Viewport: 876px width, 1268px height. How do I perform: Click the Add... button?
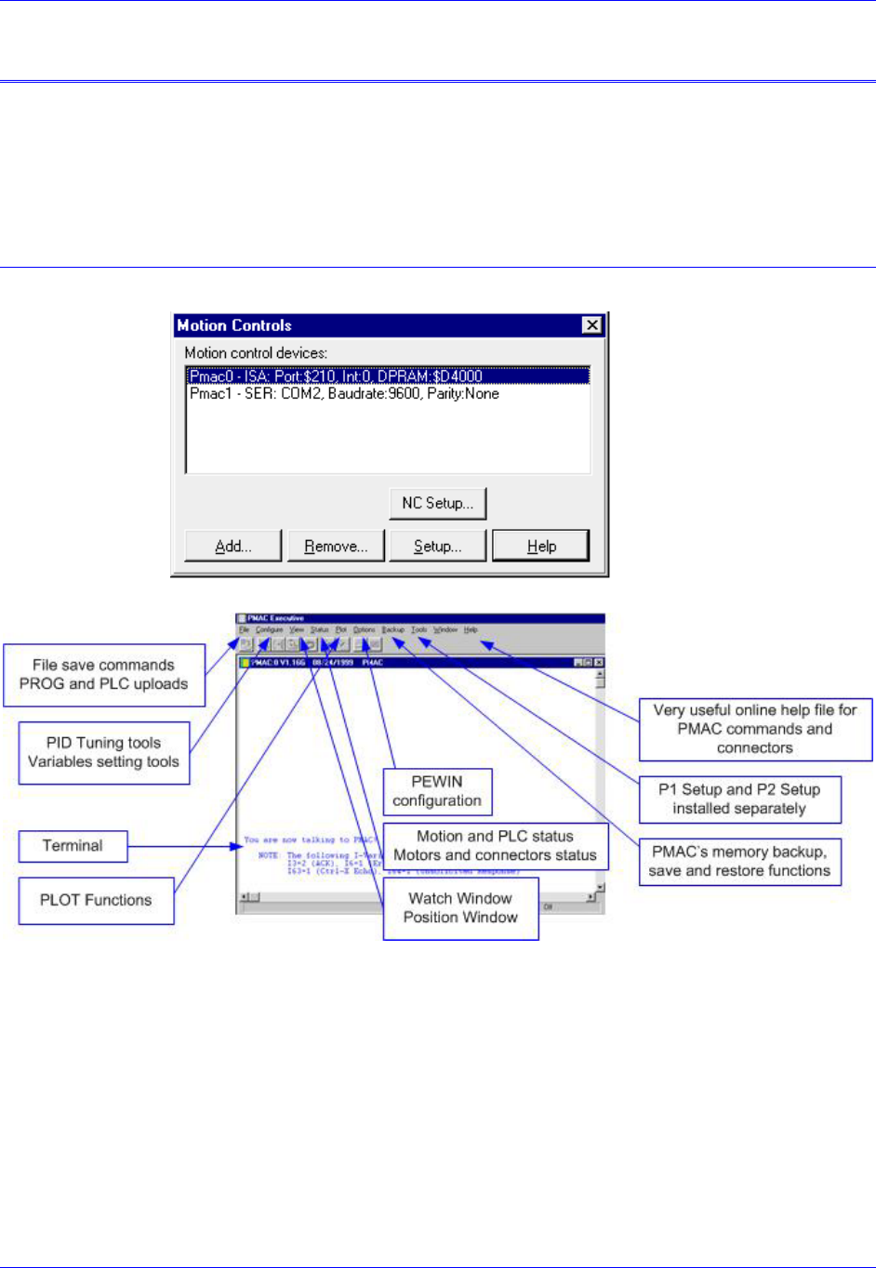[x=233, y=546]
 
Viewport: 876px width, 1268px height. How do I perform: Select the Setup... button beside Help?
[x=437, y=546]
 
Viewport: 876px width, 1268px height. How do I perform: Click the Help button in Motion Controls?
[x=540, y=546]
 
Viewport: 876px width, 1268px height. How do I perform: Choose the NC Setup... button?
[x=437, y=503]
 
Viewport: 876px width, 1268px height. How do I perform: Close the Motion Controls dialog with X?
[x=591, y=324]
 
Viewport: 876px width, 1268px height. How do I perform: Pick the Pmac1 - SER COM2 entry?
[x=344, y=394]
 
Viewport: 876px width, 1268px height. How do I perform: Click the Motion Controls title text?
[x=234, y=325]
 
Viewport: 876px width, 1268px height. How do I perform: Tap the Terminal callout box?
[x=73, y=846]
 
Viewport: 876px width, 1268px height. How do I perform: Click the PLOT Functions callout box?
[x=96, y=900]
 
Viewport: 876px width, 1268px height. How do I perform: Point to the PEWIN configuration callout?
[x=437, y=791]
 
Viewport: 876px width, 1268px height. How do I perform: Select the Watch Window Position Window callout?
[x=460, y=907]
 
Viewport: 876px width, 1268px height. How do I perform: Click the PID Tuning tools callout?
[x=103, y=752]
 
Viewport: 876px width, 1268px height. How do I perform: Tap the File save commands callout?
[x=103, y=674]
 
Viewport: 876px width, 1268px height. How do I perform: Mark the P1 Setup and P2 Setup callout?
[x=739, y=799]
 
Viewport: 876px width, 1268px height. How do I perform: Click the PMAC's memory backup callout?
[x=739, y=861]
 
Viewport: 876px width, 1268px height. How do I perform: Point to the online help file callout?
[x=755, y=729]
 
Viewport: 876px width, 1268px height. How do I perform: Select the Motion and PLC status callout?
[x=495, y=845]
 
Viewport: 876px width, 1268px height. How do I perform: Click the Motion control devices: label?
[x=256, y=353]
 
